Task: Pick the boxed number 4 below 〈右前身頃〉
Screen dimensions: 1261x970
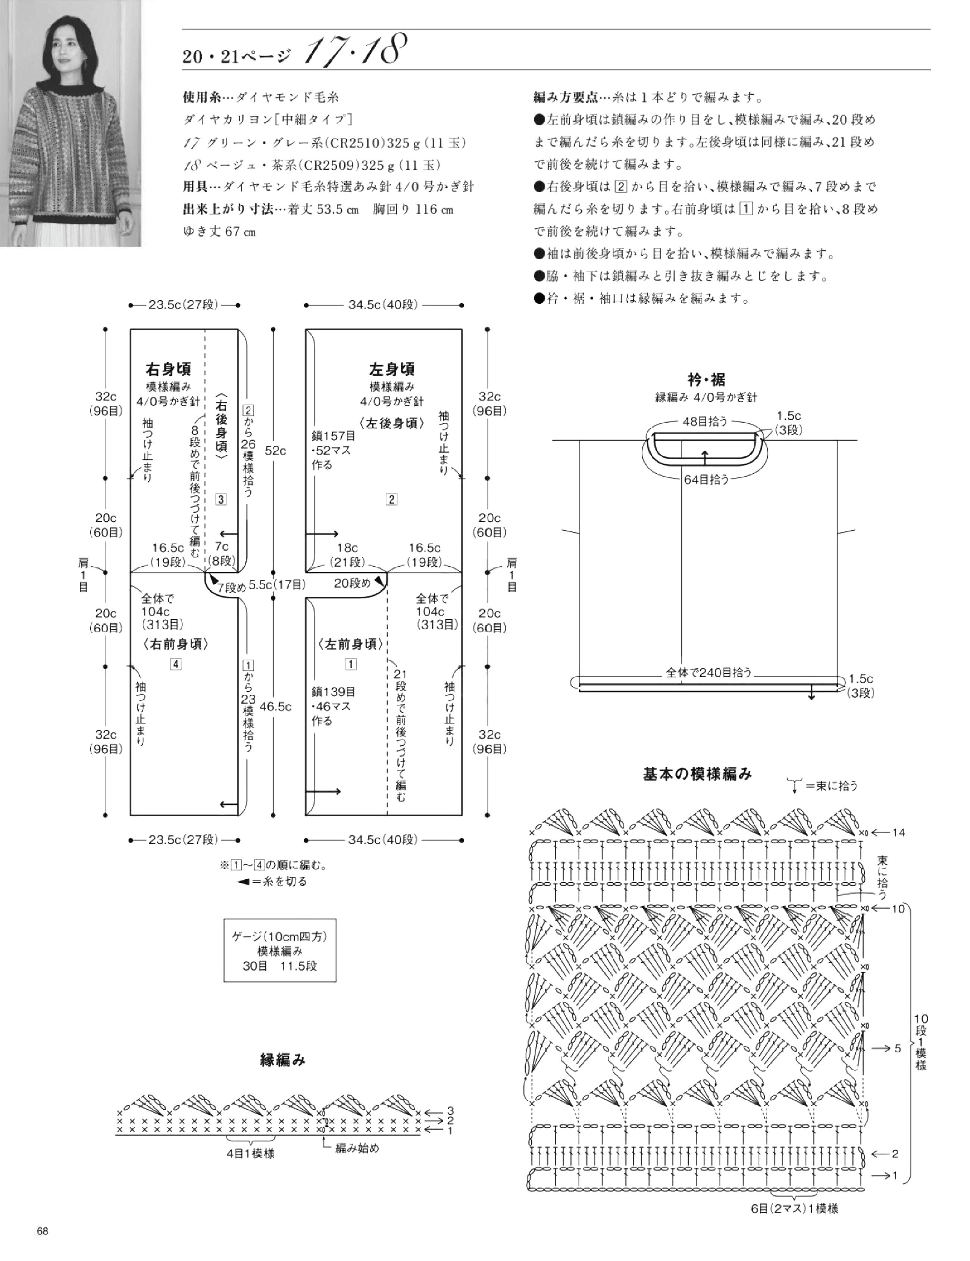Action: tap(176, 664)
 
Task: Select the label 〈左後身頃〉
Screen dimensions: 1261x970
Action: tap(391, 423)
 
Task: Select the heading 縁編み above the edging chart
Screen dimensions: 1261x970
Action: tap(283, 1060)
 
